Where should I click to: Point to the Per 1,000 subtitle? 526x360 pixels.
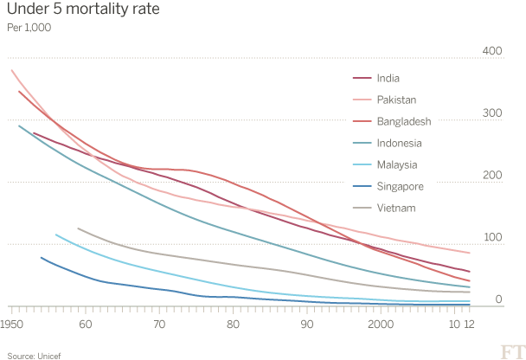(x=29, y=28)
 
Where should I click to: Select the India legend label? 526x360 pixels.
(x=388, y=79)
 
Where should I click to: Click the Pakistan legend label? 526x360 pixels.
(x=395, y=100)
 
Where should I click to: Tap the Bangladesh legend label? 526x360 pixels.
(x=404, y=122)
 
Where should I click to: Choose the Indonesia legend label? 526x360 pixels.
(x=400, y=143)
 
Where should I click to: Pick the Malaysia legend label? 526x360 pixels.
(x=397, y=164)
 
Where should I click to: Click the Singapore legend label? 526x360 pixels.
(x=401, y=186)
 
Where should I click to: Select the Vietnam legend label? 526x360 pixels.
(x=396, y=208)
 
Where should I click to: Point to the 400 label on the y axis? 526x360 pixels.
(x=491, y=52)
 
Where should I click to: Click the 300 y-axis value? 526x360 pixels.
(x=491, y=113)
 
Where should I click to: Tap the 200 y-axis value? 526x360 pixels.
(x=491, y=176)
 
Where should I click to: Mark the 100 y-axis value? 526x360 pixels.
(x=491, y=237)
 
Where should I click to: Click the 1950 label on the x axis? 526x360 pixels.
(x=12, y=323)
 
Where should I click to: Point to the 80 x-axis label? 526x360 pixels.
(x=233, y=323)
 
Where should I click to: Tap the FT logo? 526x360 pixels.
(x=510, y=350)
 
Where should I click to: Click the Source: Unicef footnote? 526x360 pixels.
(x=23, y=353)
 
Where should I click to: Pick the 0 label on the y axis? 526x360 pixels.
(x=499, y=299)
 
